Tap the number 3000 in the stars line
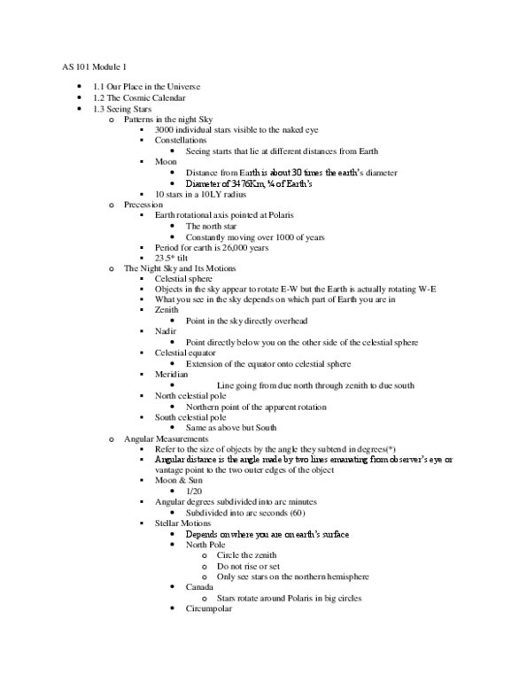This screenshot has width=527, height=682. click(x=166, y=128)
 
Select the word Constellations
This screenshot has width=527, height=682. click(x=181, y=140)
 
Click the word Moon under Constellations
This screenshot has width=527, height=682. click(x=166, y=161)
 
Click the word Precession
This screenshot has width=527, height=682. click(x=144, y=204)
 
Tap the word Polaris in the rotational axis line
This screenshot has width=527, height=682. click(x=301, y=215)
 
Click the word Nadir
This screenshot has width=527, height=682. click(x=166, y=331)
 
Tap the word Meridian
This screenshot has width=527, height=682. click(x=172, y=374)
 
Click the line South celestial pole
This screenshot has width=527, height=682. click(x=191, y=416)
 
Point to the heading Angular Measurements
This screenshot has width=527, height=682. click(x=166, y=438)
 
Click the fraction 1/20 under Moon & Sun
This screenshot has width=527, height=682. click(x=194, y=491)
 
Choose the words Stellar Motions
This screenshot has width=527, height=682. click(x=183, y=523)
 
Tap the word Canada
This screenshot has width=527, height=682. click(x=199, y=586)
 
